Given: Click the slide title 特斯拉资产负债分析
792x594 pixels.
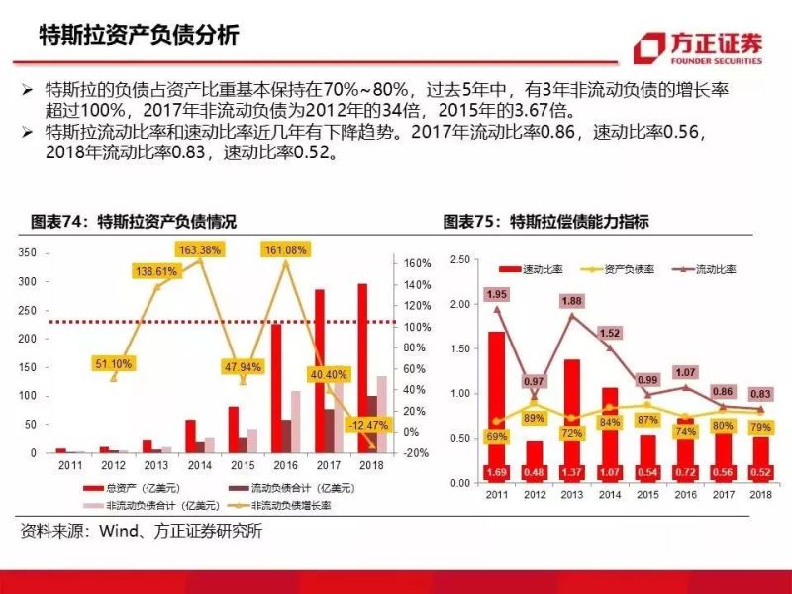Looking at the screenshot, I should [x=138, y=36].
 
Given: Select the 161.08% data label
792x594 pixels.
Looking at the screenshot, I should [x=286, y=249].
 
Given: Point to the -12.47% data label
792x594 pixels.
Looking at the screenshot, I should [x=364, y=425].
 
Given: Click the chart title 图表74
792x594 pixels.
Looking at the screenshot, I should [x=133, y=221].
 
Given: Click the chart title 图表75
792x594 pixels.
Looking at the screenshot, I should [x=545, y=221].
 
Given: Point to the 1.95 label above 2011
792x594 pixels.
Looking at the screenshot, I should [x=497, y=295].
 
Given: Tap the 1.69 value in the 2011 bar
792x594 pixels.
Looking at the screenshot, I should [x=497, y=471].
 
